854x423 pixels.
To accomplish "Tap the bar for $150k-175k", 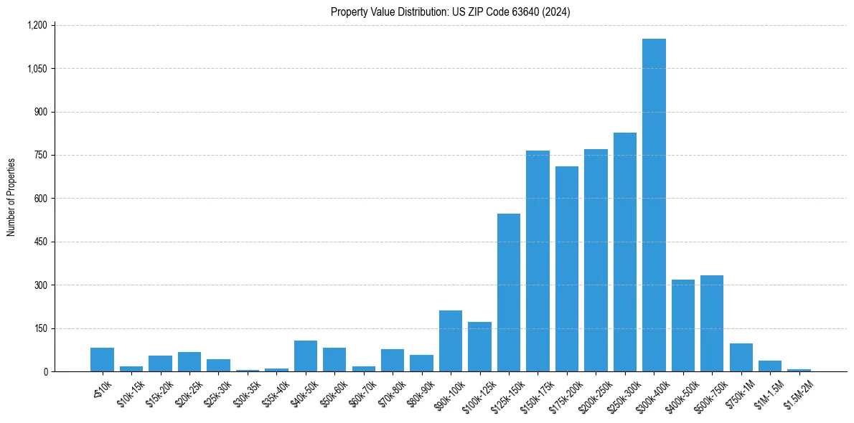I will pos(538,261).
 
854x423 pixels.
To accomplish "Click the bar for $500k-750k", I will pos(712,323).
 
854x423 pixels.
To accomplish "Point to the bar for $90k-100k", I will pos(451,341).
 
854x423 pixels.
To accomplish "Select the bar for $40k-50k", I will pos(306,356).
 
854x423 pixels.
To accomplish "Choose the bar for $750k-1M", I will pos(741,358).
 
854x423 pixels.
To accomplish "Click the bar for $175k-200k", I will pos(567,269).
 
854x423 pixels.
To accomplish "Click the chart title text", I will pos(451,11).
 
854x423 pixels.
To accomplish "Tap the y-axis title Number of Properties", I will pos(11,198).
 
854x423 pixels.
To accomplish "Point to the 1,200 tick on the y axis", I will pos(37,25).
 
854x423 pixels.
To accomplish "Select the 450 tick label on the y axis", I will pos(39,242).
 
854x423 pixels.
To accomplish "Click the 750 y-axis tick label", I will pos(39,155).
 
